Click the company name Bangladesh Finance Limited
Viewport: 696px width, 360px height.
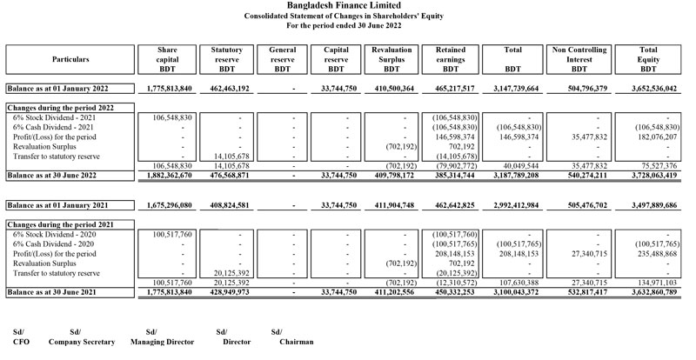click(x=348, y=5)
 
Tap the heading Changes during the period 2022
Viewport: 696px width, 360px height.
click(x=60, y=106)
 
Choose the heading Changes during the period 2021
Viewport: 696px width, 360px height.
click(x=60, y=224)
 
